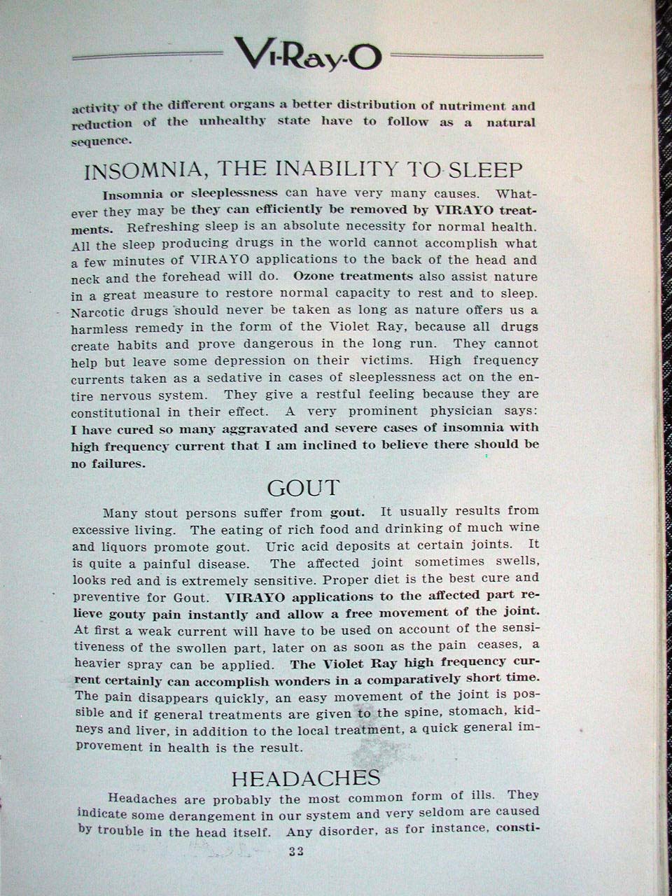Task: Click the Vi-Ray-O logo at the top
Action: coord(308,54)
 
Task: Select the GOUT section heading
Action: coord(303,487)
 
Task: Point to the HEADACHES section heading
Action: coord(305,778)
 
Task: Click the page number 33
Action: coord(295,852)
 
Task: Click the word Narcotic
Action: coord(98,310)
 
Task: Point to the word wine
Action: coord(524,528)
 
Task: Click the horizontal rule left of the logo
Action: coord(147,54)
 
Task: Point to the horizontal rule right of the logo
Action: coord(465,55)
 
